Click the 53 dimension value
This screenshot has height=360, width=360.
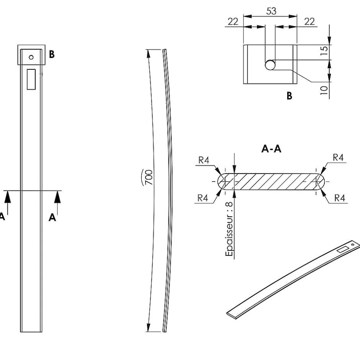271,11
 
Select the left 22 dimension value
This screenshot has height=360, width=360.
233,21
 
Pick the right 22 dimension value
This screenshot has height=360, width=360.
309,21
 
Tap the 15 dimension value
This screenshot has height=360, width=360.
324,51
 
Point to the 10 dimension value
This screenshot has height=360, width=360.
324,90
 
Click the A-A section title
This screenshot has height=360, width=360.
271,149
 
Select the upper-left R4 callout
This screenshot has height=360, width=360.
204,160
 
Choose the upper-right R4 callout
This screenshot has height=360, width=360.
338,157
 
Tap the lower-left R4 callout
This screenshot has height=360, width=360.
203,198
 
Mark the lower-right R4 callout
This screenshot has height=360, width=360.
340,198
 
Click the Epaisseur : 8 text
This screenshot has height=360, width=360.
229,229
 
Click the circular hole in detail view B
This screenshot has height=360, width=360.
270,65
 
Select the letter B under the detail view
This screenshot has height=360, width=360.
289,95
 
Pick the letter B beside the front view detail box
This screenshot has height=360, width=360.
52,54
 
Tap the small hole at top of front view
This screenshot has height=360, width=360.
31,57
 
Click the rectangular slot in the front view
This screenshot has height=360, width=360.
31,79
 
